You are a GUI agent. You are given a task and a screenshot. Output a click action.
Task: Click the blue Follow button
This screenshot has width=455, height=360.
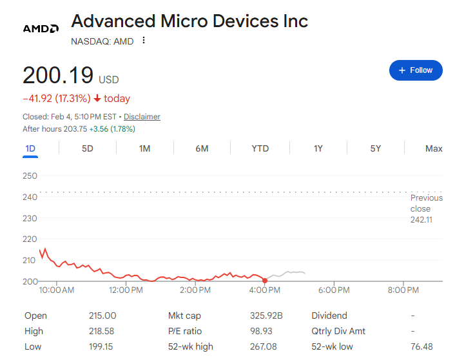pyautogui.click(x=416, y=70)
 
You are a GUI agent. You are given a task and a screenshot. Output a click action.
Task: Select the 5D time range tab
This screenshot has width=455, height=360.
pyautogui.click(x=88, y=148)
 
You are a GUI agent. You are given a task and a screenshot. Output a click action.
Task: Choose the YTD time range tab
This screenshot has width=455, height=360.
pyautogui.click(x=260, y=148)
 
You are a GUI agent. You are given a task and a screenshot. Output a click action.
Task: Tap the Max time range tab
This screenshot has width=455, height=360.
pyautogui.click(x=434, y=148)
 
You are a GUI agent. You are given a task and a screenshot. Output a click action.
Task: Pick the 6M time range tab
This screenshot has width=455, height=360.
pyautogui.click(x=202, y=148)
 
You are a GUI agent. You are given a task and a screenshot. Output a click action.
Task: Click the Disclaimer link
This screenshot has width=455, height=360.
pyautogui.click(x=142, y=117)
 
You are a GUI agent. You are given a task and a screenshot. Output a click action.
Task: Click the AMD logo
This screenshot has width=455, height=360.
pyautogui.click(x=41, y=29)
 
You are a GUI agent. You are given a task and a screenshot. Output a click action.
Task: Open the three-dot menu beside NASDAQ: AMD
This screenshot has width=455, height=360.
pyautogui.click(x=144, y=41)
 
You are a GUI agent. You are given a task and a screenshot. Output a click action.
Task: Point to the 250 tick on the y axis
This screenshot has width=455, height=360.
pyautogui.click(x=30, y=175)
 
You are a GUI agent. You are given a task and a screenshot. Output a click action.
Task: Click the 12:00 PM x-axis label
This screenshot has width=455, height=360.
pyautogui.click(x=126, y=290)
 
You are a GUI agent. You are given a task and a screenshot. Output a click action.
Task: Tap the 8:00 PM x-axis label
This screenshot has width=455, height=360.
pyautogui.click(x=403, y=290)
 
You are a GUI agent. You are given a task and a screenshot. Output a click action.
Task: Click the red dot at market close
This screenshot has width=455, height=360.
pyautogui.click(x=265, y=280)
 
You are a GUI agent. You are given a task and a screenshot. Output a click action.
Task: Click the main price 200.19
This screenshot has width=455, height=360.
pyautogui.click(x=58, y=75)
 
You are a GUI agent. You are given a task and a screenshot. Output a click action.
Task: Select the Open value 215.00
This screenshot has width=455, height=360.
pyautogui.click(x=102, y=315)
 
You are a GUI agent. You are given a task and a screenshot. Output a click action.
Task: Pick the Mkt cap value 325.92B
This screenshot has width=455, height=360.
pyautogui.click(x=266, y=315)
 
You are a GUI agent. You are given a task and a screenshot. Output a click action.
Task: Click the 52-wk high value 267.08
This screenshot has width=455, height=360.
pyautogui.click(x=263, y=347)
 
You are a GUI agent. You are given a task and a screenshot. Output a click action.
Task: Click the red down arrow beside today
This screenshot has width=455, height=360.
pyautogui.click(x=97, y=99)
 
